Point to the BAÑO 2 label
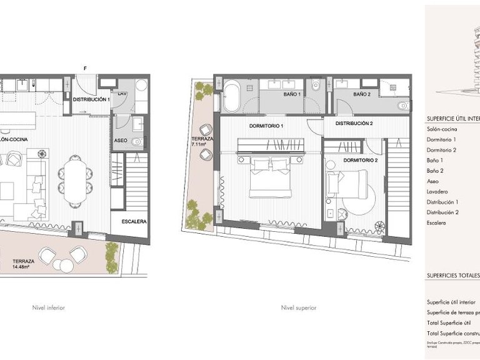click(362, 94)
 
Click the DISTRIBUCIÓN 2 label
click(354, 123)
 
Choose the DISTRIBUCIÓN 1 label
click(91, 100)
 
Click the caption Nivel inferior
click(49, 307)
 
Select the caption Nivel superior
click(299, 307)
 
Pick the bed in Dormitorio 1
click(270, 178)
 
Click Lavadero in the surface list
click(438, 192)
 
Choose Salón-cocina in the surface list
click(442, 129)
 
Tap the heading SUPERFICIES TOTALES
click(453, 274)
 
